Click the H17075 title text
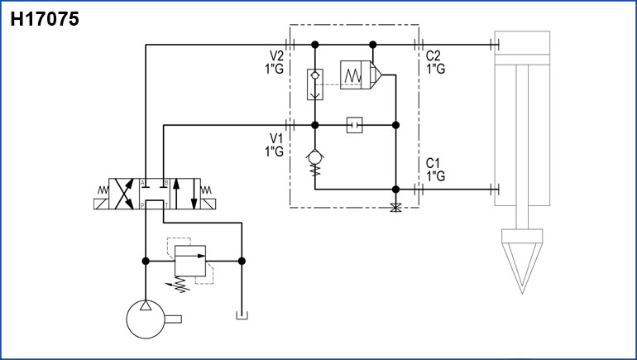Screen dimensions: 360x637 point(45,19)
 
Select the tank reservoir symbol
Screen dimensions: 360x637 point(241,315)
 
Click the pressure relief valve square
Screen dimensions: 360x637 point(191,261)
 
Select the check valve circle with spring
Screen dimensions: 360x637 point(315,155)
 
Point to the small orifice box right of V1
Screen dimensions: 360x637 point(356,125)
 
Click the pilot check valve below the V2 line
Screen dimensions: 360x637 point(314,84)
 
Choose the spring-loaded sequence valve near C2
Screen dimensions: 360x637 point(358,75)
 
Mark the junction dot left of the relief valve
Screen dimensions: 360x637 point(146,262)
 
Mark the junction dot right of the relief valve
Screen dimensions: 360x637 point(241,262)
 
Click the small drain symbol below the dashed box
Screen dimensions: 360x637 point(395,207)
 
